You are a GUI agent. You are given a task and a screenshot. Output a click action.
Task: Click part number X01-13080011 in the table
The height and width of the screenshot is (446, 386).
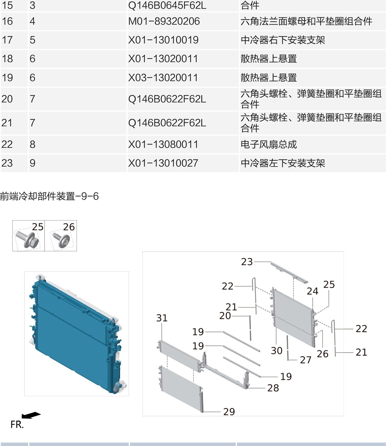pos(163,144)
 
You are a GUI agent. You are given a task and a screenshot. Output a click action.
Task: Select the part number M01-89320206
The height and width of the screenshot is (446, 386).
pos(164,21)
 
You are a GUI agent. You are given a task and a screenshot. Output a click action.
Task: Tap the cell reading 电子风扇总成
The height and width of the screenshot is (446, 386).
pos(269,144)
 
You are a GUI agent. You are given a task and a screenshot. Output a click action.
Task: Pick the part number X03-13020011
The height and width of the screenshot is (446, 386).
pos(163,78)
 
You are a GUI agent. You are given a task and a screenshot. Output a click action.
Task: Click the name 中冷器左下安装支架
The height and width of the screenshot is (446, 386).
pos(283,163)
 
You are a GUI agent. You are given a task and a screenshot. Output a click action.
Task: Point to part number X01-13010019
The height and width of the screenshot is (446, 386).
pos(163,40)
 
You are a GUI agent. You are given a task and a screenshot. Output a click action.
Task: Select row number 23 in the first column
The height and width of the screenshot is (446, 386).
pos(7,163)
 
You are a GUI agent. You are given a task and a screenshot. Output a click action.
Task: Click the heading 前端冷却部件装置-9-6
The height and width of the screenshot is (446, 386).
pos(49,196)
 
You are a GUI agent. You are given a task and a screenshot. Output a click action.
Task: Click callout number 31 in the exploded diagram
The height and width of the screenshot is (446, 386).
pos(162,318)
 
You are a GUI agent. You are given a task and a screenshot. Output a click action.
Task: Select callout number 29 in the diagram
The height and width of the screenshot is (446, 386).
pos(229,412)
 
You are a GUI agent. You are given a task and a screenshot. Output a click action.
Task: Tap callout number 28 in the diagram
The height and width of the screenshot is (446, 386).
pos(273,388)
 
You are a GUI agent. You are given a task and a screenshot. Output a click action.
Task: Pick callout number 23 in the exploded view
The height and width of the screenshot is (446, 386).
pos(247,262)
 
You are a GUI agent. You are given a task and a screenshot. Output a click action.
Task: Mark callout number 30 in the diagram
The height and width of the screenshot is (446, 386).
pos(277,351)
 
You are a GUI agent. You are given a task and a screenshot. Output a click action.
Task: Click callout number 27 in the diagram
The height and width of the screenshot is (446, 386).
pos(306,360)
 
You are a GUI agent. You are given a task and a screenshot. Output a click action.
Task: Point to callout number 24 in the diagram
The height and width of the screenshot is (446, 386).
pos(313,291)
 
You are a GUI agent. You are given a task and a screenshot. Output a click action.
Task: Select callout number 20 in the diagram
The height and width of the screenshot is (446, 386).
pos(225,316)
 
